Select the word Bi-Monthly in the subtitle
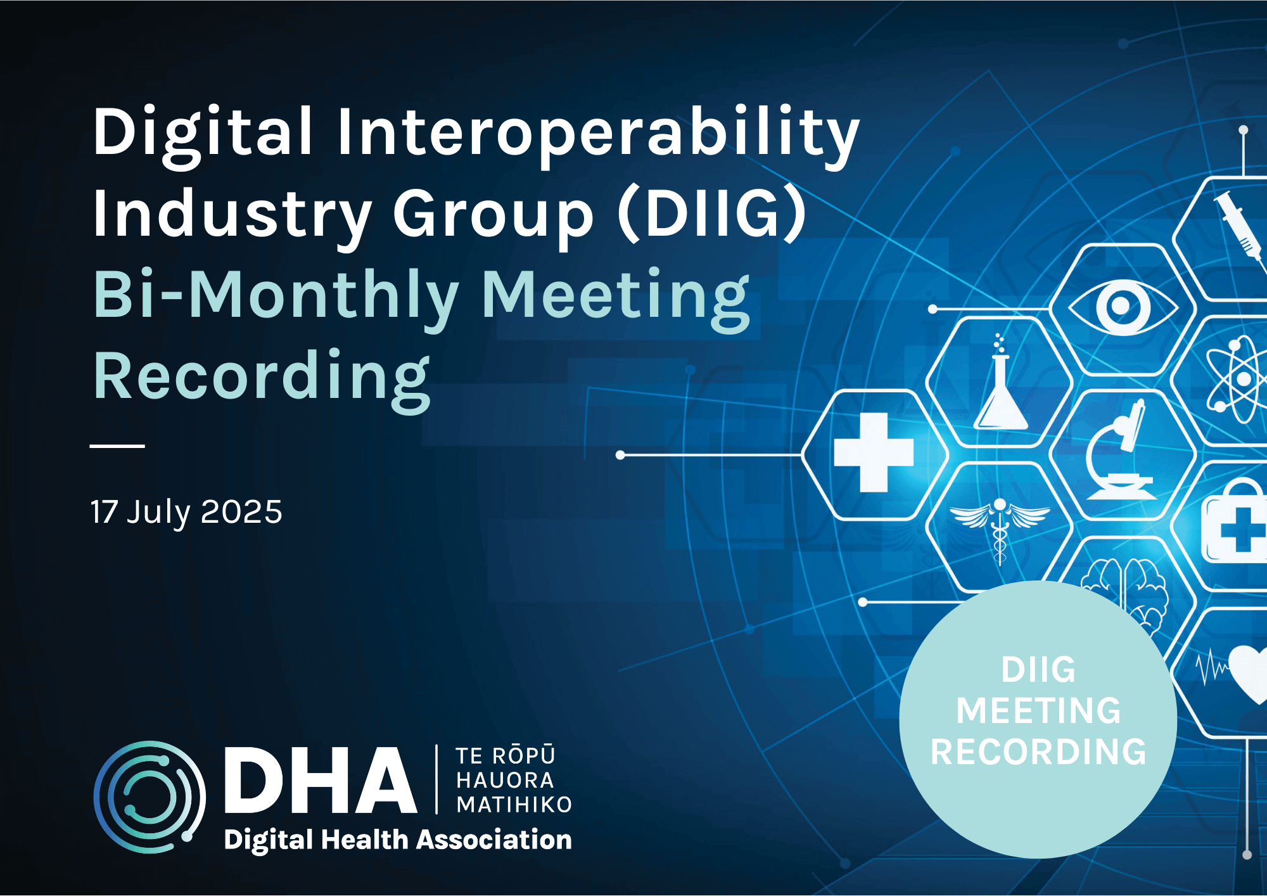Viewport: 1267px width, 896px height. pos(276,295)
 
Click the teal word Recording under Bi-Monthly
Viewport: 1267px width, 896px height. pos(262,376)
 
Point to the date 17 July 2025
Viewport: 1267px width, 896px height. pos(186,512)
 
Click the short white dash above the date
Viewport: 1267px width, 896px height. pos(117,446)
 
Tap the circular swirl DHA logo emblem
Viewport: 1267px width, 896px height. pos(150,797)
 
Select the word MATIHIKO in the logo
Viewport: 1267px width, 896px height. pos(514,805)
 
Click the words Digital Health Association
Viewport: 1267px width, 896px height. pos(398,840)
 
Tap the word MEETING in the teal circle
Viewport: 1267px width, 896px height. pos(1038,710)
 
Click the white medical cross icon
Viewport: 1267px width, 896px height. pos(874,452)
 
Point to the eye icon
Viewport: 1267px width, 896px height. pos(1122,307)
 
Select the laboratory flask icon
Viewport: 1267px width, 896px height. pos(1000,386)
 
